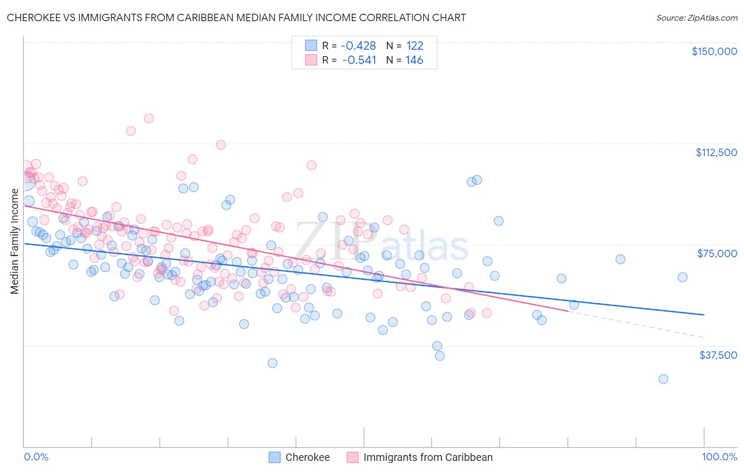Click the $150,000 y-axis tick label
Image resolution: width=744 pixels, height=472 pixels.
point(714,51)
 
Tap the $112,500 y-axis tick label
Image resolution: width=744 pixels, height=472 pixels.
point(716,152)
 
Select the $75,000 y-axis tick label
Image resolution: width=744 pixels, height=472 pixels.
point(717,253)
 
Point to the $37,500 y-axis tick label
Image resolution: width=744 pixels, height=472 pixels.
point(718,355)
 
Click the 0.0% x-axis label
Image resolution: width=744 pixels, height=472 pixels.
point(36,457)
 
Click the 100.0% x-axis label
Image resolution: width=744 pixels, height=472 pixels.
point(720,457)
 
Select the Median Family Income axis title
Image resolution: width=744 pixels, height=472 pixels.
point(14,241)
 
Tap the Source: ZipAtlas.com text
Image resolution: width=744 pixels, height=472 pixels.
point(696,17)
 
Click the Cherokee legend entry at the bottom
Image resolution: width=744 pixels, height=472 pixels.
point(307,457)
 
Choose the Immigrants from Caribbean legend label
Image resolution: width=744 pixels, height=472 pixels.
point(428,457)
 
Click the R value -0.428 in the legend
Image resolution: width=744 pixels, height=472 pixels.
point(358,46)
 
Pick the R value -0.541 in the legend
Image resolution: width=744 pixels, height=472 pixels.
point(359,60)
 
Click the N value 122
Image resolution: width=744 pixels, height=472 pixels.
point(415,46)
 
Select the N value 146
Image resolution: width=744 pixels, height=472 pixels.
point(414,60)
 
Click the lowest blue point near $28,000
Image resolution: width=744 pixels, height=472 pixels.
point(663,379)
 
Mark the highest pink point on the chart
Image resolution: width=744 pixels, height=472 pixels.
point(149,119)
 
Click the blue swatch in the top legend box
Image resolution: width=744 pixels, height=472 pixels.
point(311,46)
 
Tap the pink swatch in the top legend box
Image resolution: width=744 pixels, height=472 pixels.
point(311,60)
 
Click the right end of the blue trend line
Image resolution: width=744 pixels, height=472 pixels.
point(704,315)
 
